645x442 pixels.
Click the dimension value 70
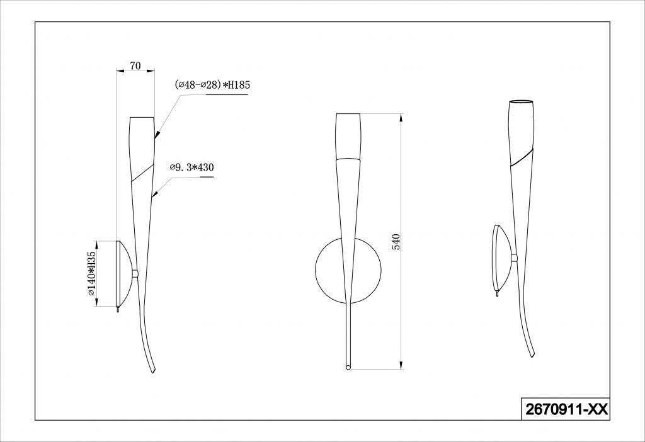coord(135,65)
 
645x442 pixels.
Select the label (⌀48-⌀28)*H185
coord(212,85)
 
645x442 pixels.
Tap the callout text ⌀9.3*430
coord(191,167)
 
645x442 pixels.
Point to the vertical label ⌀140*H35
coord(91,273)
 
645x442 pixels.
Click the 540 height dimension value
coord(396,242)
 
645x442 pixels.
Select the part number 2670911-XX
coord(566,409)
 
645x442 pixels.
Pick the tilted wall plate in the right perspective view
coord(503,258)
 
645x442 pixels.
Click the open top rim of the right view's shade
coord(522,101)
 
